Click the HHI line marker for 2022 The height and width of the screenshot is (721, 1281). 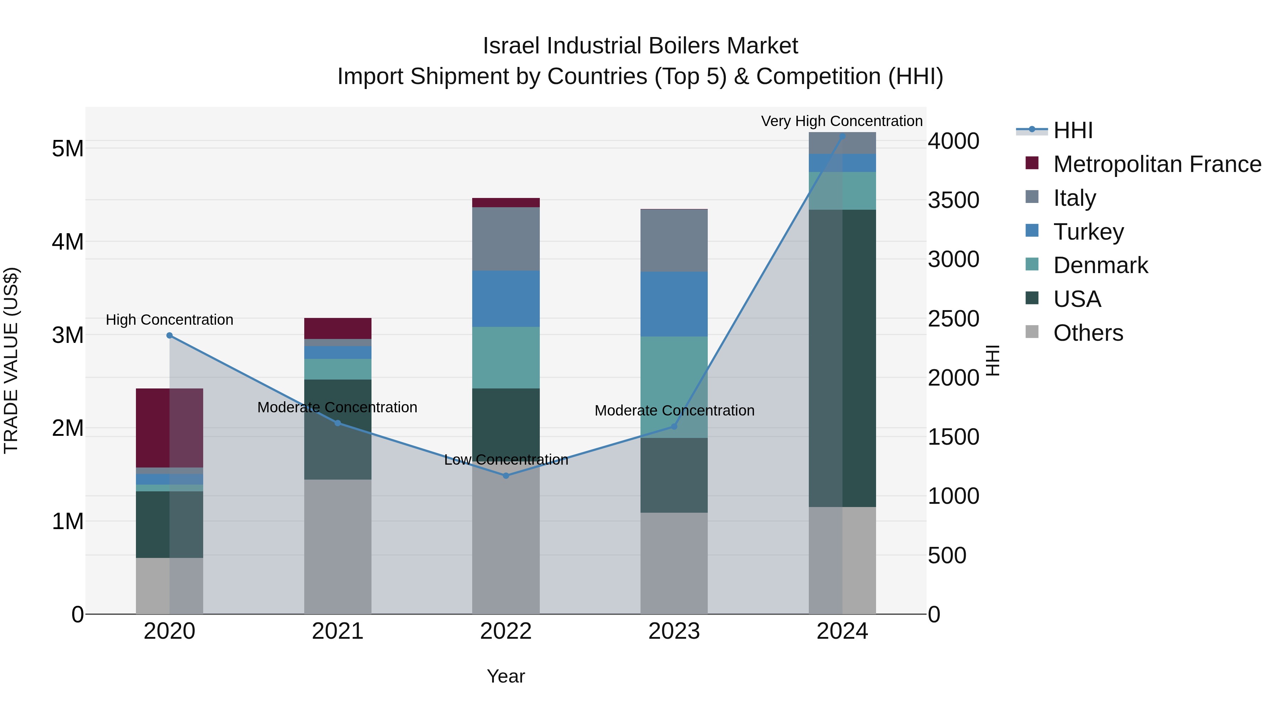[x=506, y=476]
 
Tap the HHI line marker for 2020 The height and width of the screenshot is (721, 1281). [x=170, y=335]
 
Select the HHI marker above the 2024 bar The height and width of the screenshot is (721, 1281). [x=842, y=136]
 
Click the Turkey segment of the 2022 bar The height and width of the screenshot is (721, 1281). [x=506, y=299]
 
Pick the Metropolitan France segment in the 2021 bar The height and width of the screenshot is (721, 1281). [x=338, y=328]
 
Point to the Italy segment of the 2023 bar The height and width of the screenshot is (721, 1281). [x=674, y=241]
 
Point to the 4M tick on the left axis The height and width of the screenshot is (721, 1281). [x=68, y=242]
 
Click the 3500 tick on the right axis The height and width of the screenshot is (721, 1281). [x=953, y=200]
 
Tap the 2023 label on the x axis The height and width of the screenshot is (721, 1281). [x=674, y=631]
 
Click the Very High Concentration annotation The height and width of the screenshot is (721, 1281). [x=842, y=121]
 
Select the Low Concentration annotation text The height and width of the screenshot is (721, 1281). [x=506, y=460]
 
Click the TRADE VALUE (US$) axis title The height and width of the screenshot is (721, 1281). [x=11, y=360]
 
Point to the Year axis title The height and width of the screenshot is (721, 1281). [x=506, y=676]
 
